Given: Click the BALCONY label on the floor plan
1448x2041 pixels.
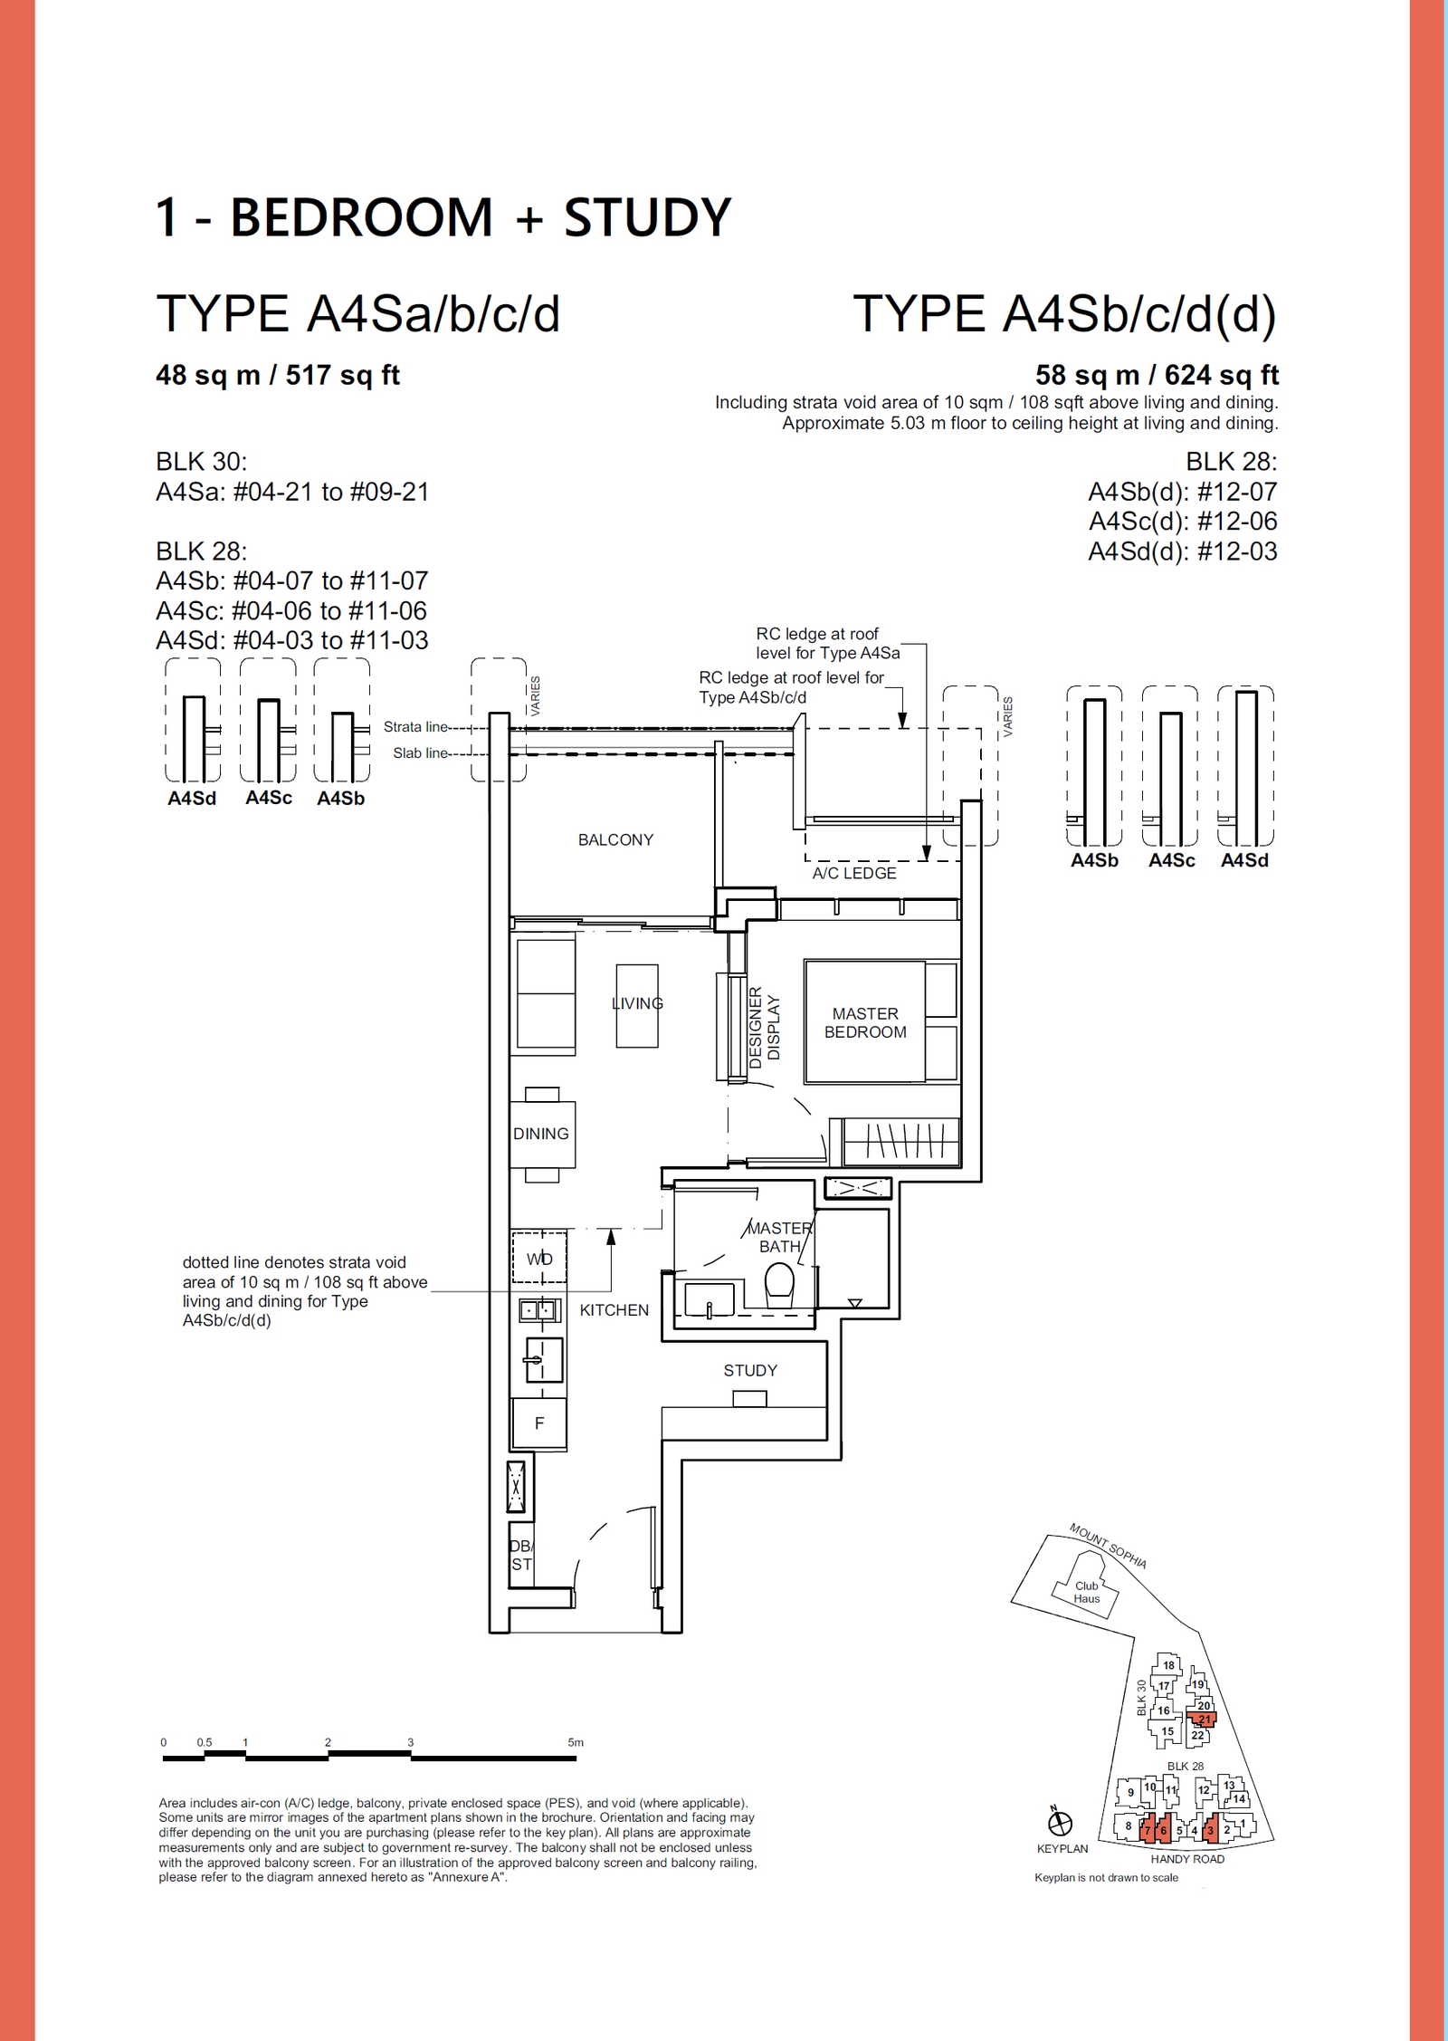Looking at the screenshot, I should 615,839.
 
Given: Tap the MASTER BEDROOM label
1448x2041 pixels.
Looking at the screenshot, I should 865,1022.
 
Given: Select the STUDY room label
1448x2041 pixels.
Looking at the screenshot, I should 750,1370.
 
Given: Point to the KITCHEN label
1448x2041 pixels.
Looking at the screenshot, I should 614,1310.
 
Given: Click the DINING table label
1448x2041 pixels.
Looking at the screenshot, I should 541,1134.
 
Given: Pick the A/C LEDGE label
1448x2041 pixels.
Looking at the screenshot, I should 854,873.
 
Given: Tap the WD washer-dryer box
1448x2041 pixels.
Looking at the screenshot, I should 539,1258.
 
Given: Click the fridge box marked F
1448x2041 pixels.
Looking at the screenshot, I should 539,1423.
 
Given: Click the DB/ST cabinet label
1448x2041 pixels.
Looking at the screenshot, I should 521,1555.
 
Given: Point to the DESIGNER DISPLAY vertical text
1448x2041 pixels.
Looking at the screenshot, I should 764,1028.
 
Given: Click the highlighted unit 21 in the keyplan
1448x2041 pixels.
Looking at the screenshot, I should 1204,1719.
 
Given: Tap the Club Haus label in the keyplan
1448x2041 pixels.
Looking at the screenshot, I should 1086,1592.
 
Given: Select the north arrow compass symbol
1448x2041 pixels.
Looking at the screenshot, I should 1060,1823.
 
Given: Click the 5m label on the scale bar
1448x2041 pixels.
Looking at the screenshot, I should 576,1742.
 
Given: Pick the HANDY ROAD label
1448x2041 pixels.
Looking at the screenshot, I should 1187,1859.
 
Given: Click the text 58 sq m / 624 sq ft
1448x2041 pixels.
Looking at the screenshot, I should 1157,375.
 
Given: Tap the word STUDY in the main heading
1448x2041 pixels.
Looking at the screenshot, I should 647,218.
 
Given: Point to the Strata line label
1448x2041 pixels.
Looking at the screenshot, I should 415,726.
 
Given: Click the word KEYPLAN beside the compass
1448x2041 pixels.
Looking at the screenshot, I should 1062,1848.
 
